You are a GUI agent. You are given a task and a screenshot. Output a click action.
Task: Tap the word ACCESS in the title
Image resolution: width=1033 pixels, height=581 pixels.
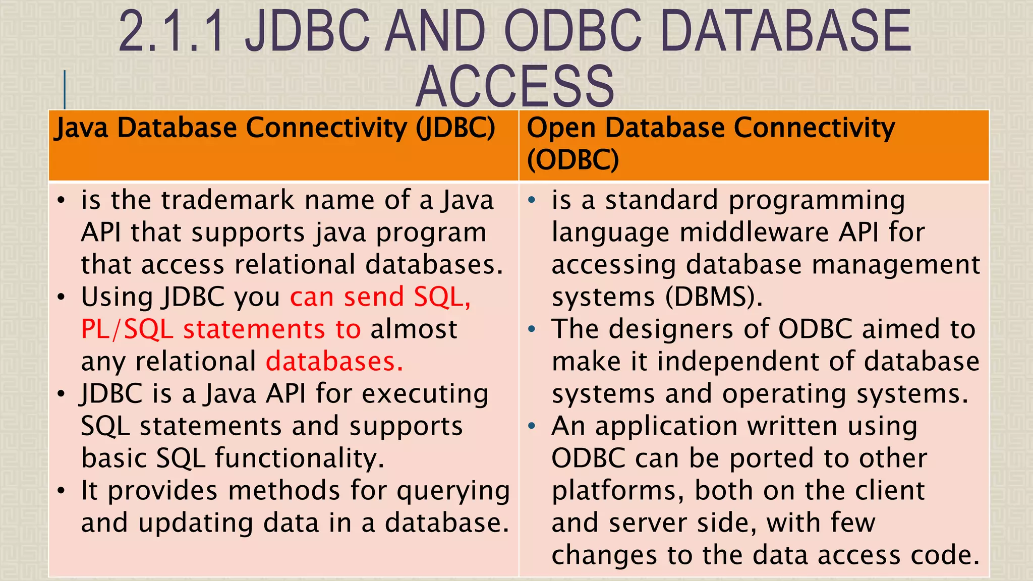[514, 87]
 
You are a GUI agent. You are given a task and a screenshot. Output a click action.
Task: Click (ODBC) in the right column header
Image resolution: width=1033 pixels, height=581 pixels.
[572, 160]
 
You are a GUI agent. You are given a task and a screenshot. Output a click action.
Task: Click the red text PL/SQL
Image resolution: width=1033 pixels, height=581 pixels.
[127, 330]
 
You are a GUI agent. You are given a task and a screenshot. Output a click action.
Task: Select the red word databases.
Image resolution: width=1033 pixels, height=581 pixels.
[334, 362]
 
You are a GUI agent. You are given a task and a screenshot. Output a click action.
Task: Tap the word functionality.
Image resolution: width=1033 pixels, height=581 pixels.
[300, 458]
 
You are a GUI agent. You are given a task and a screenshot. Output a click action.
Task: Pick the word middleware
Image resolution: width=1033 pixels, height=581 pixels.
[754, 233]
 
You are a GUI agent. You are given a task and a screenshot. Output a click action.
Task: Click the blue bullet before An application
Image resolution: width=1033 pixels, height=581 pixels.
[531, 427]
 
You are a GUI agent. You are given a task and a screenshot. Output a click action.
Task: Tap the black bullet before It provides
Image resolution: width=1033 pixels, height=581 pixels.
[61, 491]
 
